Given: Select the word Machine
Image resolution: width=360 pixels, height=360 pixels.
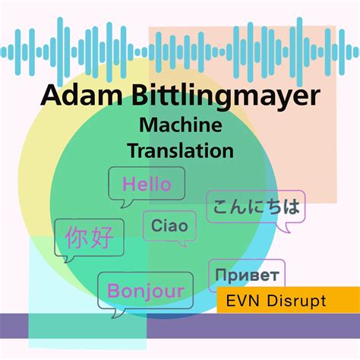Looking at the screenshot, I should point(181,125).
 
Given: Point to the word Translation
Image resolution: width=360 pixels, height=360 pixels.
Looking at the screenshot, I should point(181,149).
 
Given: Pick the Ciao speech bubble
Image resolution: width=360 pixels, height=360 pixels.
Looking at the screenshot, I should point(169,226).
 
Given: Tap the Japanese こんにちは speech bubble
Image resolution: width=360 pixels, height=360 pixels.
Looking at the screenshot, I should point(255,205).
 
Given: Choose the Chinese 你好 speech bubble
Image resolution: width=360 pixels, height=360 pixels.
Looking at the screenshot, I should point(89,238).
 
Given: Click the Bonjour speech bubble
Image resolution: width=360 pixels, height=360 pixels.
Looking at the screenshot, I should point(145,291).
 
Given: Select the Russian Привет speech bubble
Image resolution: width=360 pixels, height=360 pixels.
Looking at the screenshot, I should point(247,273).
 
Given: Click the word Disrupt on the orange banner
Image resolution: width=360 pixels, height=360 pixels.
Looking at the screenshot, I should point(296,301).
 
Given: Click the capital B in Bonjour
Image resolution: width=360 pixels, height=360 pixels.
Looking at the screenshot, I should point(113,291).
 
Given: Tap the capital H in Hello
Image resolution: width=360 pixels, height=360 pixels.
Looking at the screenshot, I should point(128,184).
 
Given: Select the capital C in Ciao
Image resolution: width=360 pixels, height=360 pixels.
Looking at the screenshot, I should point(156,226).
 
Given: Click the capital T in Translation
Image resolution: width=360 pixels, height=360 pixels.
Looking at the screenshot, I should point(134,149).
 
